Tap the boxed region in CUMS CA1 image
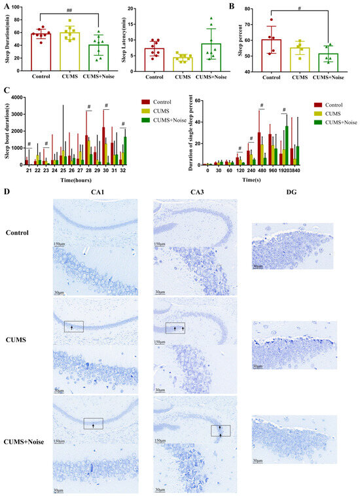tap(74, 326)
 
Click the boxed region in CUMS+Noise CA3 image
tap(221, 431)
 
